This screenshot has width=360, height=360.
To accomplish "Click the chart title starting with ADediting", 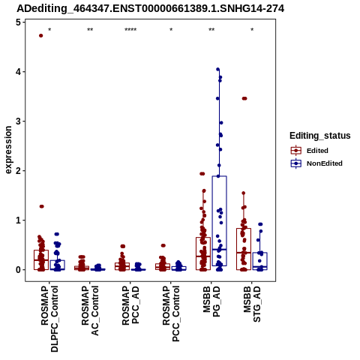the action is click(x=151, y=9).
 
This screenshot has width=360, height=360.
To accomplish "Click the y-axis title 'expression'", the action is click(x=8, y=150).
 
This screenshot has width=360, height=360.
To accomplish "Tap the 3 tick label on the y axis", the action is click(x=18, y=121).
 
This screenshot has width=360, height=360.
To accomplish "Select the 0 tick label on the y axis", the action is click(x=18, y=270).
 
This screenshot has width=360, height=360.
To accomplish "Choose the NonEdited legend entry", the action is click(x=316, y=163).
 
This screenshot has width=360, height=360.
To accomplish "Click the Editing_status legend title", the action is click(x=320, y=136).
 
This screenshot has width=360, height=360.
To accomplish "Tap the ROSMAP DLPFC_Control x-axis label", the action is click(x=49, y=319).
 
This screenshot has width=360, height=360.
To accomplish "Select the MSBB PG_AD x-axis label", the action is click(x=211, y=301).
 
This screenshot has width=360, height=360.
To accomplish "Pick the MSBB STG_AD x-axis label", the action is click(x=252, y=304).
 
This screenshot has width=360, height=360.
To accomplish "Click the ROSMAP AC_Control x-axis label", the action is click(x=90, y=310).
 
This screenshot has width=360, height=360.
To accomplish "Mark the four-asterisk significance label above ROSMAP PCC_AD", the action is click(x=130, y=30).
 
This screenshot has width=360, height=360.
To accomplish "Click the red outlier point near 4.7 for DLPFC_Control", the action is click(x=41, y=36).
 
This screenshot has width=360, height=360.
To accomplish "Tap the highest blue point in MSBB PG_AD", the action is click(x=217, y=69).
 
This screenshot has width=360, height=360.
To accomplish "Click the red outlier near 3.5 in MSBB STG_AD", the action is click(x=244, y=98).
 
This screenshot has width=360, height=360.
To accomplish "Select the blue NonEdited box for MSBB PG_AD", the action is click(x=220, y=221).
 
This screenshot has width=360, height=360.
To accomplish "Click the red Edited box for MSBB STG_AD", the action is click(x=244, y=249).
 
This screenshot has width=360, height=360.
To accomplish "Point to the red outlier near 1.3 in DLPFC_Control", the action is click(x=41, y=206).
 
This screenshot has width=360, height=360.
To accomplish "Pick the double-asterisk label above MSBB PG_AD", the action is click(x=211, y=30).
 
